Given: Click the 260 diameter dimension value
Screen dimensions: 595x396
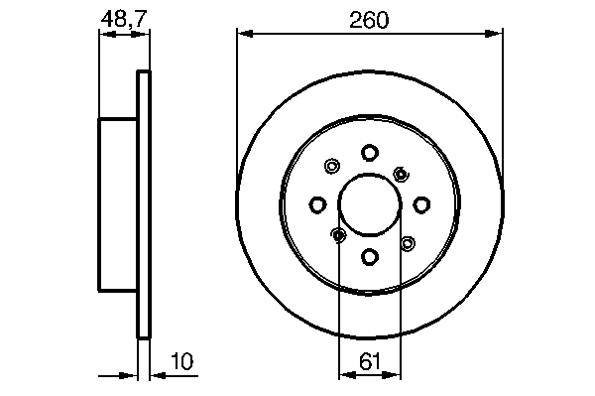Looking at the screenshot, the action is pos(369,20).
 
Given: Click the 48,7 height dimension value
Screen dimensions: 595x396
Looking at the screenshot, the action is pos(124,19).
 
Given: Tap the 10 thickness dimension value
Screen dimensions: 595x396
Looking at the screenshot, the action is pos(182,361).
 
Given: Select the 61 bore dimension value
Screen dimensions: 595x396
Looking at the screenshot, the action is pos(369,361).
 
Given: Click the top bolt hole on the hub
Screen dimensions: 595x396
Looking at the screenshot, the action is pos(369,153).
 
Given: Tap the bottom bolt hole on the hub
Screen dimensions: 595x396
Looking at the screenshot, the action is pos(369,257).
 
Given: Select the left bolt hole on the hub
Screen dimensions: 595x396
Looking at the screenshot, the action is pos(317,204).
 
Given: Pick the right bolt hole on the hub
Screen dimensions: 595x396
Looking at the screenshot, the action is pos(421,204).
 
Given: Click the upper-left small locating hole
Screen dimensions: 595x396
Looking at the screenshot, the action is pos(332,166).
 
